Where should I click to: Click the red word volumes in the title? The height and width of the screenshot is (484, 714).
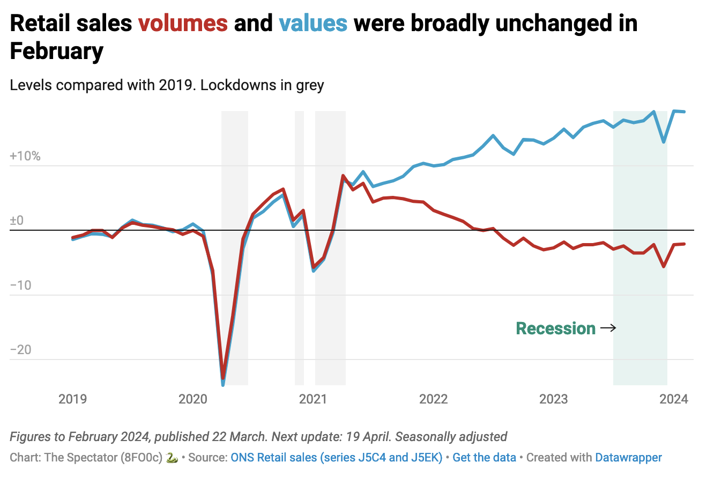pos(183,24)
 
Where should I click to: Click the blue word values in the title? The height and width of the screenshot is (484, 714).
pos(313,24)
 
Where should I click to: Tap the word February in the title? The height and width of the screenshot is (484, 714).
pos(56,52)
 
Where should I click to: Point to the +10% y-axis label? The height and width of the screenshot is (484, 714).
pos(25,156)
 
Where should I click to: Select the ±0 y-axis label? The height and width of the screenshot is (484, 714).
pos(17,221)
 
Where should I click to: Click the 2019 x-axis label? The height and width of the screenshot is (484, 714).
pos(73,399)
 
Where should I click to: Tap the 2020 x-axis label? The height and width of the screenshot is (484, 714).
pos(193,399)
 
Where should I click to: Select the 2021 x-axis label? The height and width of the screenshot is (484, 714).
pos(313,399)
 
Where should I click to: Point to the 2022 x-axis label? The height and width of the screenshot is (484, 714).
pos(433,399)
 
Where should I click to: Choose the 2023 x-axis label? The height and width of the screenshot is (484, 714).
pos(553,399)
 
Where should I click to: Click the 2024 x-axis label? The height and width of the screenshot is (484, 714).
pos(674,399)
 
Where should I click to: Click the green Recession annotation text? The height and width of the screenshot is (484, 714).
pos(555,328)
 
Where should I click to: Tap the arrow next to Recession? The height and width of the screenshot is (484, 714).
pos(608,328)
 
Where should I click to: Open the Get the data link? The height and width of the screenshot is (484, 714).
pos(484,458)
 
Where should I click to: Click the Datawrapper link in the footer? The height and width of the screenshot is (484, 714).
pos(628,458)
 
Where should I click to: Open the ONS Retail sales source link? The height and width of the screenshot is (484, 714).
pos(336,458)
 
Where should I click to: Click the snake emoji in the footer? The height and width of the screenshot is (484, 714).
pos(172,458)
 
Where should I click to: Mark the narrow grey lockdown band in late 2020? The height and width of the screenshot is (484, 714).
pos(299,247)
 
